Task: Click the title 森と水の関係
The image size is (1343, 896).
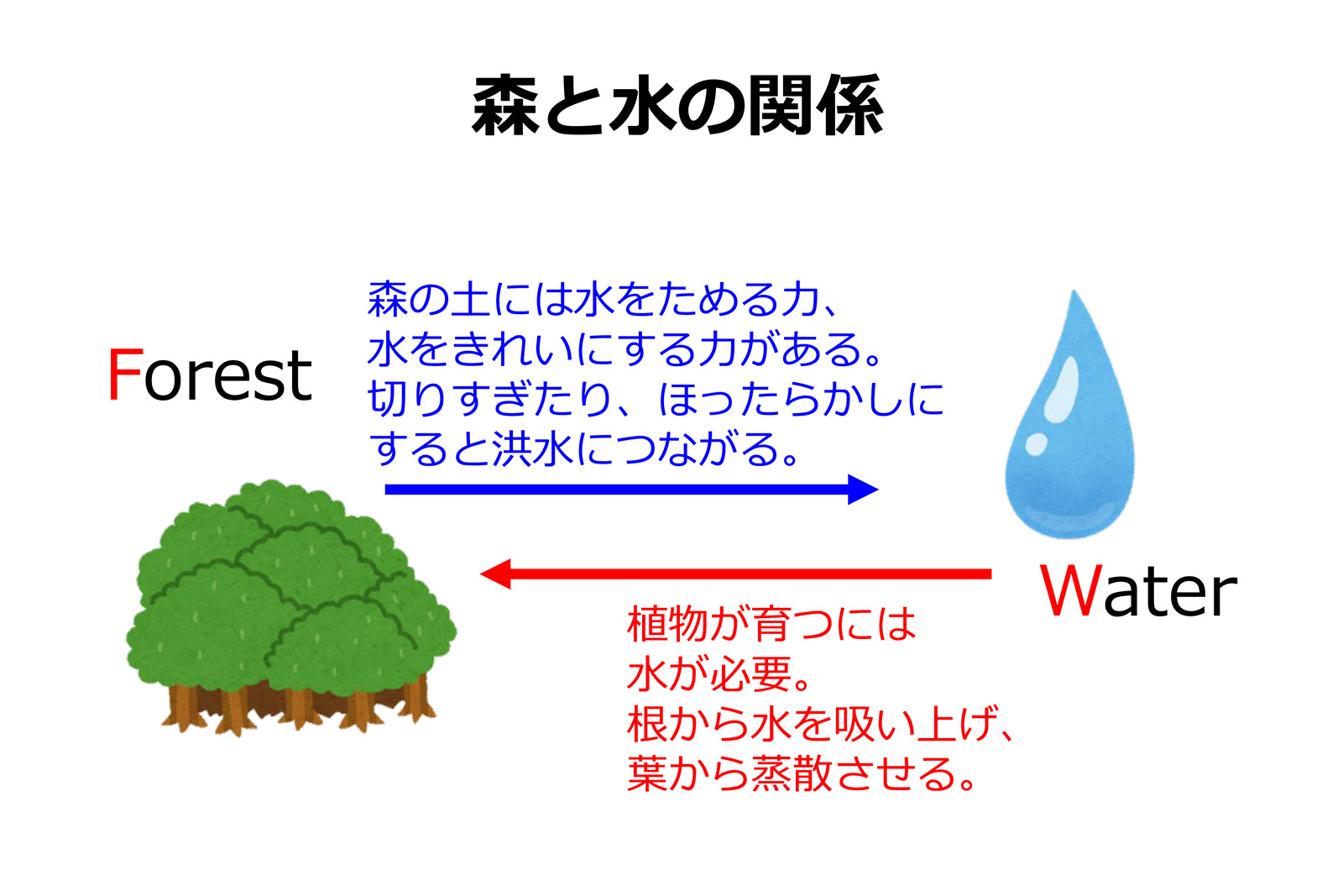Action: pos(677,106)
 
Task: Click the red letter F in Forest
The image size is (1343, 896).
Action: pos(125,375)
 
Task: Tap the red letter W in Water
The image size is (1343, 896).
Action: pos(1071,590)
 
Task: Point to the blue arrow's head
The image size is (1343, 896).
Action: pos(864,490)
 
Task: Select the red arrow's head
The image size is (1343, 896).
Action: pos(496,574)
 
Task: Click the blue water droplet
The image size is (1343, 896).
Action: pos(1069,420)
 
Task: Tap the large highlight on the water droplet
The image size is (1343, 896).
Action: pos(1062,389)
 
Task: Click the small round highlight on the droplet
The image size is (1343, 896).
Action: pos(1036,444)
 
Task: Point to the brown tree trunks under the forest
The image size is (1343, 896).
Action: pos(298,708)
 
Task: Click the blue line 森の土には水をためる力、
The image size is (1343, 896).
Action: pos(603,299)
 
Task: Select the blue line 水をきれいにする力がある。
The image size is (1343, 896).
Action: pos(624,348)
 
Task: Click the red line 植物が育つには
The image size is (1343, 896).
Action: pos(771,623)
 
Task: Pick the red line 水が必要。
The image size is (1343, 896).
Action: pos(719,673)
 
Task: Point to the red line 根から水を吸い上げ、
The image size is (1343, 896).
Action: pos(820,723)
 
